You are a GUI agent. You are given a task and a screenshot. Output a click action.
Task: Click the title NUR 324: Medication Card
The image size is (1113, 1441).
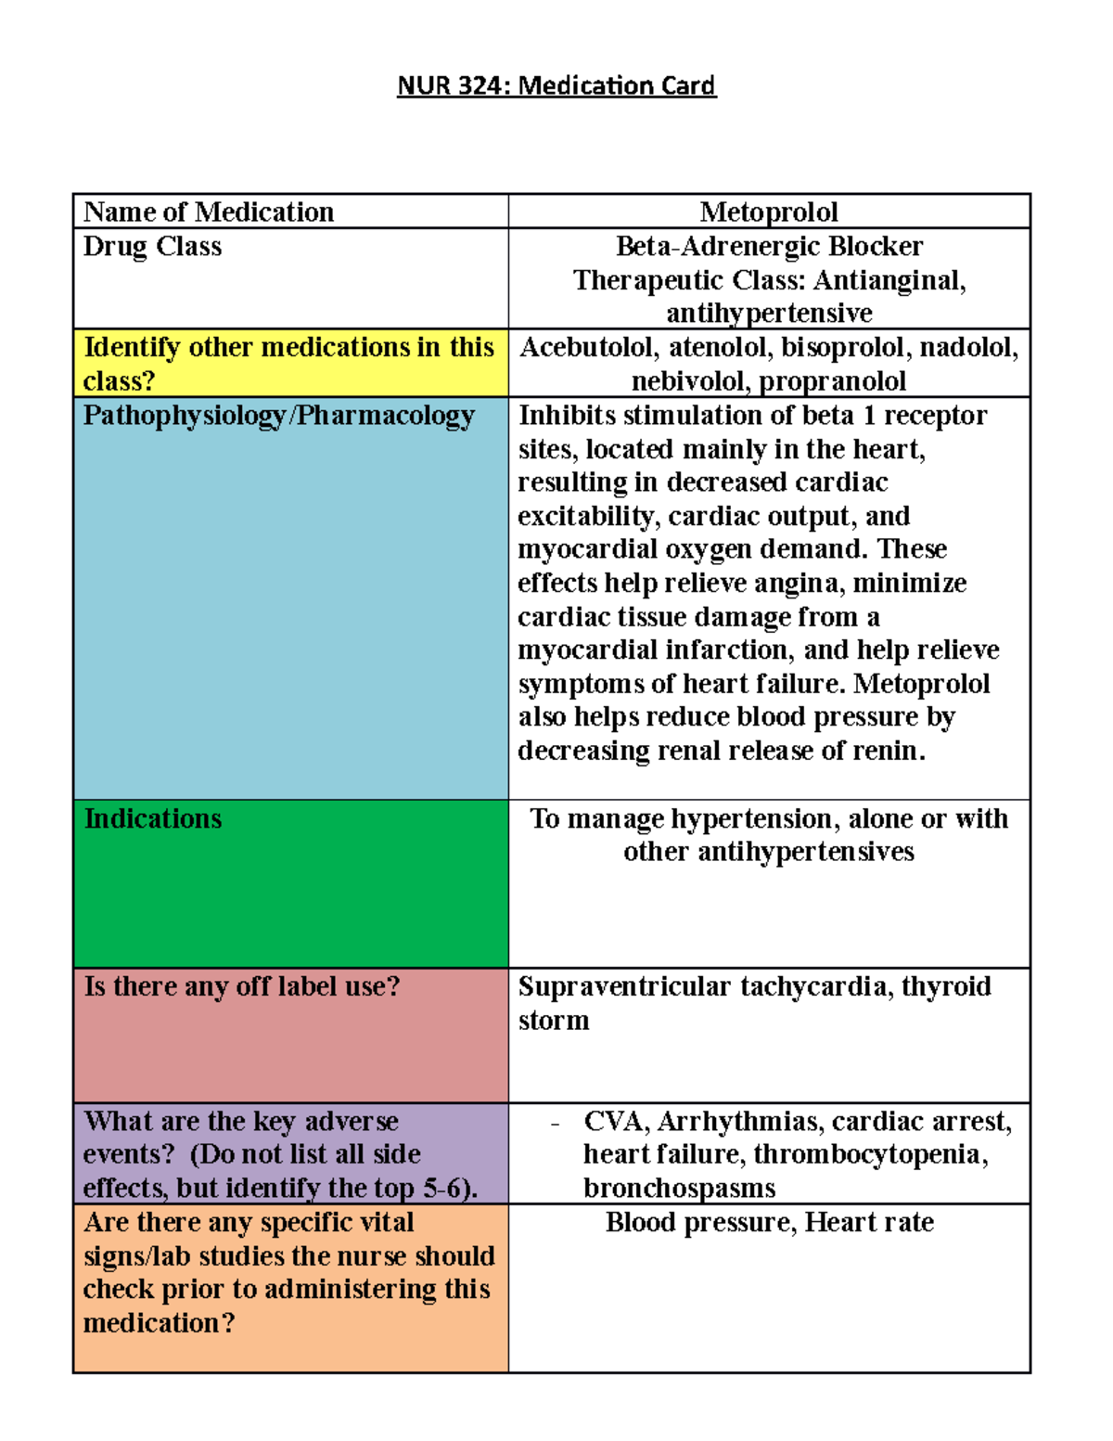click(x=556, y=85)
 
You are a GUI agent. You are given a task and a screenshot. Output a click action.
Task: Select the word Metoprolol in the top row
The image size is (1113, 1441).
click(x=769, y=212)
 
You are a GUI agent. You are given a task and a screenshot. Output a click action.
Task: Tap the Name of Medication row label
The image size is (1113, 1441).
click(x=209, y=212)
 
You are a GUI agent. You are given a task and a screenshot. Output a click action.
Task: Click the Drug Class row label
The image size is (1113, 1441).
click(x=152, y=246)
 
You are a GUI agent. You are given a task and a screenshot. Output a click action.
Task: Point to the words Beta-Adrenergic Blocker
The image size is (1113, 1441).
click(x=769, y=246)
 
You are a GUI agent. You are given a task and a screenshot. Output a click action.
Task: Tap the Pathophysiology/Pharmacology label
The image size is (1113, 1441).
click(x=278, y=415)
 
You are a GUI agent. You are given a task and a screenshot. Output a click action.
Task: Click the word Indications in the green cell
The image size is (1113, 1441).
click(x=153, y=818)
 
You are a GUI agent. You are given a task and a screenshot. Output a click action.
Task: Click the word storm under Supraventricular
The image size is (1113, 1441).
click(x=554, y=1021)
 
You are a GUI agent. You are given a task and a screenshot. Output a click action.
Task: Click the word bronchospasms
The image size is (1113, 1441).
click(x=679, y=1189)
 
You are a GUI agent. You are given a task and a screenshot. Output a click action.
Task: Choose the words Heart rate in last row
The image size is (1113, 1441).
click(x=869, y=1223)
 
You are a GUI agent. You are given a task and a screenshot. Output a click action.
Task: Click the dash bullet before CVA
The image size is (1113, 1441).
click(x=555, y=1124)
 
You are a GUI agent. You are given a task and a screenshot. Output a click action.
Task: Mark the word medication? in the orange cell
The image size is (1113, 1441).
click(x=159, y=1323)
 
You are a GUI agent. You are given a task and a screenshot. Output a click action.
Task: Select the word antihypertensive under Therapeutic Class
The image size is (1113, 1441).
click(x=769, y=314)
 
